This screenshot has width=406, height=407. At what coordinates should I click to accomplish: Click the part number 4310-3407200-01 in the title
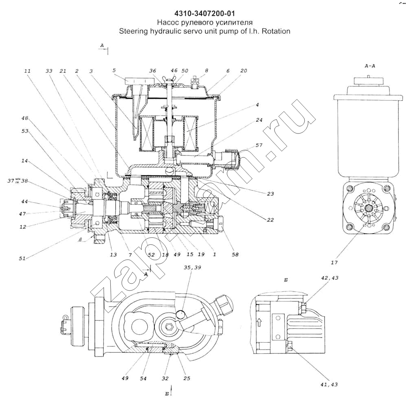pos(202,13)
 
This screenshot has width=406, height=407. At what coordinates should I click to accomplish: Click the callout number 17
pos(334,263)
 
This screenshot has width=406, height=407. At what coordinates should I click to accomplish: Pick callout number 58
pos(235,255)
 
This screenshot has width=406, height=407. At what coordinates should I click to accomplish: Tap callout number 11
pos(28,70)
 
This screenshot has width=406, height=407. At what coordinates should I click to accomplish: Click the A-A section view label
pos(370,65)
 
